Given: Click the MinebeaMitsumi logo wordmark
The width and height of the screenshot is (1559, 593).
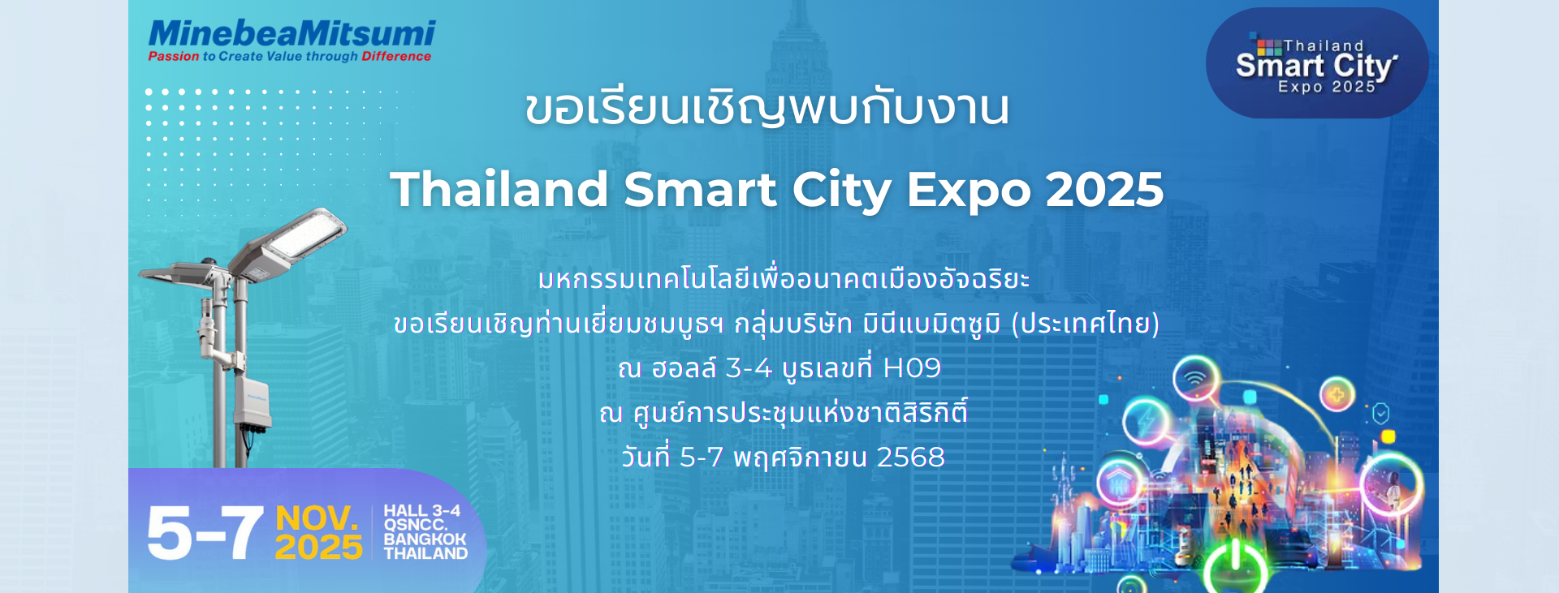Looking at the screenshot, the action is tap(292, 33).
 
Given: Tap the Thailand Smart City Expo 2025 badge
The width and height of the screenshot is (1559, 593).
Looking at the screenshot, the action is tap(1317, 63).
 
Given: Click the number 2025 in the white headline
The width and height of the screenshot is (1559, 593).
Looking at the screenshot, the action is tap(1104, 189).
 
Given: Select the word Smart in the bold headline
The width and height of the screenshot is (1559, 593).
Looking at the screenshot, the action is tap(700, 189).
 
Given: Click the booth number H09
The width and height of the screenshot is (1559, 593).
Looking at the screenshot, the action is tap(912, 368).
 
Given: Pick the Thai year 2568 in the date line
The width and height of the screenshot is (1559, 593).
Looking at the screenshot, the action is tap(911, 458).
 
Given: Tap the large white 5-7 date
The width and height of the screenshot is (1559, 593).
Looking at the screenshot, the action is tap(205, 533).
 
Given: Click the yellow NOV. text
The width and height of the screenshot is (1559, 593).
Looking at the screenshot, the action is tap(317, 518).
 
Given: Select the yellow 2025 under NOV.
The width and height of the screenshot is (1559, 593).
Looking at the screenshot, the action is tap(318, 548).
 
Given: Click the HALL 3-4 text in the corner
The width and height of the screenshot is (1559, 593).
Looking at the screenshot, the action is tap(421, 510).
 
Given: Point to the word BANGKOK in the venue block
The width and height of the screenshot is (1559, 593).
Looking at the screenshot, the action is tap(425, 539).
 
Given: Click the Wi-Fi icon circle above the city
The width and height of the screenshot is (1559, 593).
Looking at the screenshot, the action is tap(1195, 378).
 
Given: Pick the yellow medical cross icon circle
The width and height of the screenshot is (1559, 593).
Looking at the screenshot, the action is tap(1337, 396).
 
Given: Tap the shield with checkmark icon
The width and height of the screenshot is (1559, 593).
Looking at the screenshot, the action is tap(1381, 414).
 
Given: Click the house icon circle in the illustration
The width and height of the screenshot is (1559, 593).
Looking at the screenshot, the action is tap(1121, 484).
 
